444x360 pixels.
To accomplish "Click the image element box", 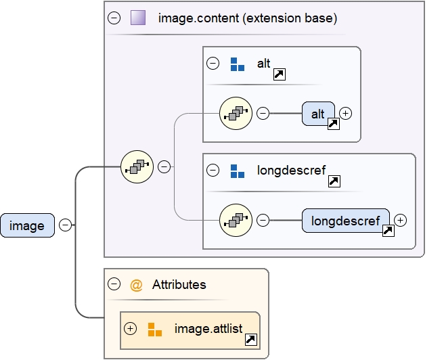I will pyautogui.click(x=27, y=225).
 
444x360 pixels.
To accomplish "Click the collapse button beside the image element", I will pyautogui.click(x=66, y=225).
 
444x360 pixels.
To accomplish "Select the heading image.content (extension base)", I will pyautogui.click(x=247, y=18).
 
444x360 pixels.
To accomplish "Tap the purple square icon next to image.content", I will pyautogui.click(x=139, y=18).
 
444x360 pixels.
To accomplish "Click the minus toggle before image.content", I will pyautogui.click(x=114, y=18).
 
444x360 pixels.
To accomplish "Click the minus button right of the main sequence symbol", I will pyautogui.click(x=164, y=166).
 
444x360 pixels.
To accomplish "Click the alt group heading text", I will pyautogui.click(x=263, y=64).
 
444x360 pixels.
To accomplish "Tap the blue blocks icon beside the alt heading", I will pyautogui.click(x=237, y=64).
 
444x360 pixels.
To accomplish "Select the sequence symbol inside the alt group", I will pyautogui.click(x=236, y=113).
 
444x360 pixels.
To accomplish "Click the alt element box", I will pyautogui.click(x=318, y=114).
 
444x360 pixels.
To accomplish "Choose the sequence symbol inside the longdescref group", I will pyautogui.click(x=236, y=219).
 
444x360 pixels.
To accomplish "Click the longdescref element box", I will pyautogui.click(x=345, y=220).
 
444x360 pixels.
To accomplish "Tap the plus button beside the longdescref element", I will pyautogui.click(x=401, y=220).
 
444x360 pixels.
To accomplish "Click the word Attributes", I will pyautogui.click(x=179, y=285).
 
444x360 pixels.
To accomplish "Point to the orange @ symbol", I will pyautogui.click(x=136, y=285).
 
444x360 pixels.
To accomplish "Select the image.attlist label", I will pyautogui.click(x=208, y=329).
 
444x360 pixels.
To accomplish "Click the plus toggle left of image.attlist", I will pyautogui.click(x=131, y=329).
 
